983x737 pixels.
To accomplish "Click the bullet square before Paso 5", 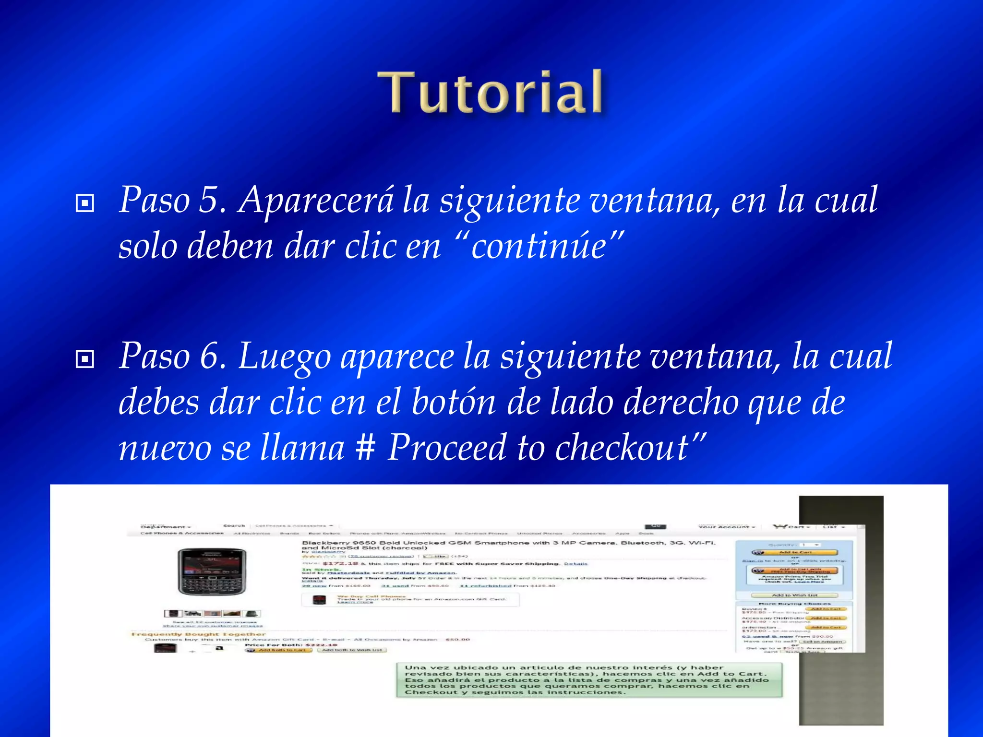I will (x=85, y=203).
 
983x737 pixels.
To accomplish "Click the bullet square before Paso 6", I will (x=85, y=359).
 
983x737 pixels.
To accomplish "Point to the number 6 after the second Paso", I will (x=209, y=357).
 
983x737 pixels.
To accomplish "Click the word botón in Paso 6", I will (x=453, y=402).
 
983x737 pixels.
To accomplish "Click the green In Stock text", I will (x=314, y=570).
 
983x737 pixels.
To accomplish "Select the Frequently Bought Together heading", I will (x=198, y=634).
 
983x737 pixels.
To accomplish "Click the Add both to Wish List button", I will (x=352, y=650).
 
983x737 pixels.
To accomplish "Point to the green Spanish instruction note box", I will (x=588, y=680).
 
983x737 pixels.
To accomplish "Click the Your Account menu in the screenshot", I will (x=726, y=527).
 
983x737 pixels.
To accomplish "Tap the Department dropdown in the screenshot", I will (x=166, y=527).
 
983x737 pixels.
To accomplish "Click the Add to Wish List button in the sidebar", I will (x=794, y=595).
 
